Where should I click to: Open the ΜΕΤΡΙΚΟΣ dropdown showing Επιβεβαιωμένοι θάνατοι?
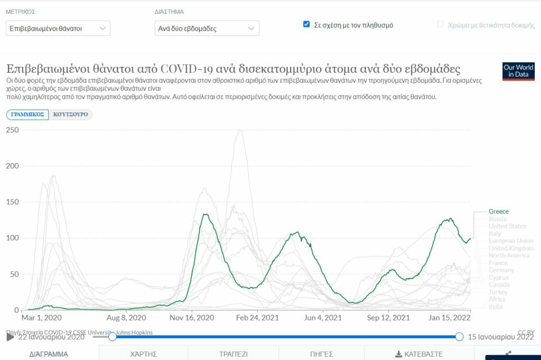click(58, 29)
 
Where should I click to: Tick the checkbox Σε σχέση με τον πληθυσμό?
click(306, 24)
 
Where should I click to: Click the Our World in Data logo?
click(518, 71)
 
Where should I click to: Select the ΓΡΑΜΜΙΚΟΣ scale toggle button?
click(27, 115)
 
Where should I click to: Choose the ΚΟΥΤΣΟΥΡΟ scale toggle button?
click(70, 115)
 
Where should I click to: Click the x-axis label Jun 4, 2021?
click(323, 318)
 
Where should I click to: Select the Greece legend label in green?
click(499, 212)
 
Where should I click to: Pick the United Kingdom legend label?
click(511, 248)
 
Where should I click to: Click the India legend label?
click(496, 307)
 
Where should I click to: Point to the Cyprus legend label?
click(499, 278)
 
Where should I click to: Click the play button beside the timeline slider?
click(11, 337)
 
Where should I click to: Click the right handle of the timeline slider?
click(459, 336)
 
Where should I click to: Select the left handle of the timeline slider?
click(112, 336)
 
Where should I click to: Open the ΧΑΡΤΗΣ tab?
click(144, 354)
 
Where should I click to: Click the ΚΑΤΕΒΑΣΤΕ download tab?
click(418, 354)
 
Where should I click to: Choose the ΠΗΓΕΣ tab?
click(321, 354)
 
